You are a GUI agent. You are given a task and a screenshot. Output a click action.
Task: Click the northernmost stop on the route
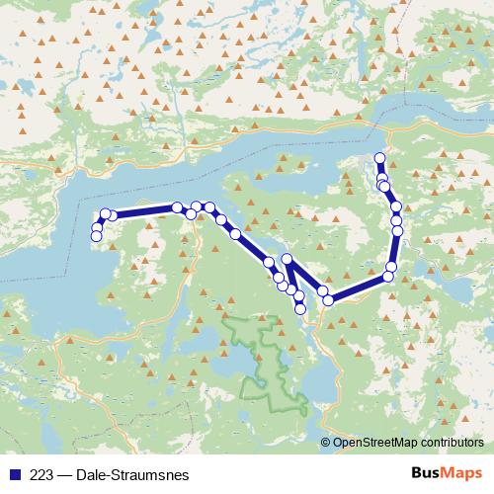(x=379, y=158)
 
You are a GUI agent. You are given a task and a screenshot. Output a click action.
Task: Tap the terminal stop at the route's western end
(x=96, y=235)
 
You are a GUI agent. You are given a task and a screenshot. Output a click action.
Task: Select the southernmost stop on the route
(x=300, y=308)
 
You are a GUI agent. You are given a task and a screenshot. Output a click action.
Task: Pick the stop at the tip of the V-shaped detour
(x=288, y=259)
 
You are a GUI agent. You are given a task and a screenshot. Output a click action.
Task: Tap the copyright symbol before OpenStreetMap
(x=326, y=443)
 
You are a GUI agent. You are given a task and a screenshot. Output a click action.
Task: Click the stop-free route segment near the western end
(x=144, y=211)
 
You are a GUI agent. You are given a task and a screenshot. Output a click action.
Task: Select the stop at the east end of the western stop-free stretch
(x=177, y=207)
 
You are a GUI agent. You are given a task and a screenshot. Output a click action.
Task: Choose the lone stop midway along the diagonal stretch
(x=235, y=234)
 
